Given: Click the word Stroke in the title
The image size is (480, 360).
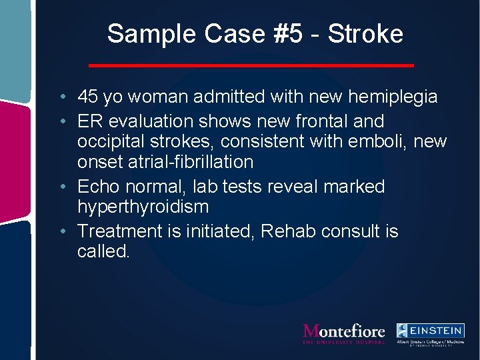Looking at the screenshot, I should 366,33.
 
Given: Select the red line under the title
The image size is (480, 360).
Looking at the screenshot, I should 251,65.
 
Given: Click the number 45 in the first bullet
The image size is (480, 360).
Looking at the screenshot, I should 87,97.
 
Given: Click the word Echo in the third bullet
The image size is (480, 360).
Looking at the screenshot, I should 99,186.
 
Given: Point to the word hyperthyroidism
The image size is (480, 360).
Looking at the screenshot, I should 143,207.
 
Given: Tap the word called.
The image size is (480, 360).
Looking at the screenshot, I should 103,251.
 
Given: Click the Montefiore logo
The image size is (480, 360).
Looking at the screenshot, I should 344,333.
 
